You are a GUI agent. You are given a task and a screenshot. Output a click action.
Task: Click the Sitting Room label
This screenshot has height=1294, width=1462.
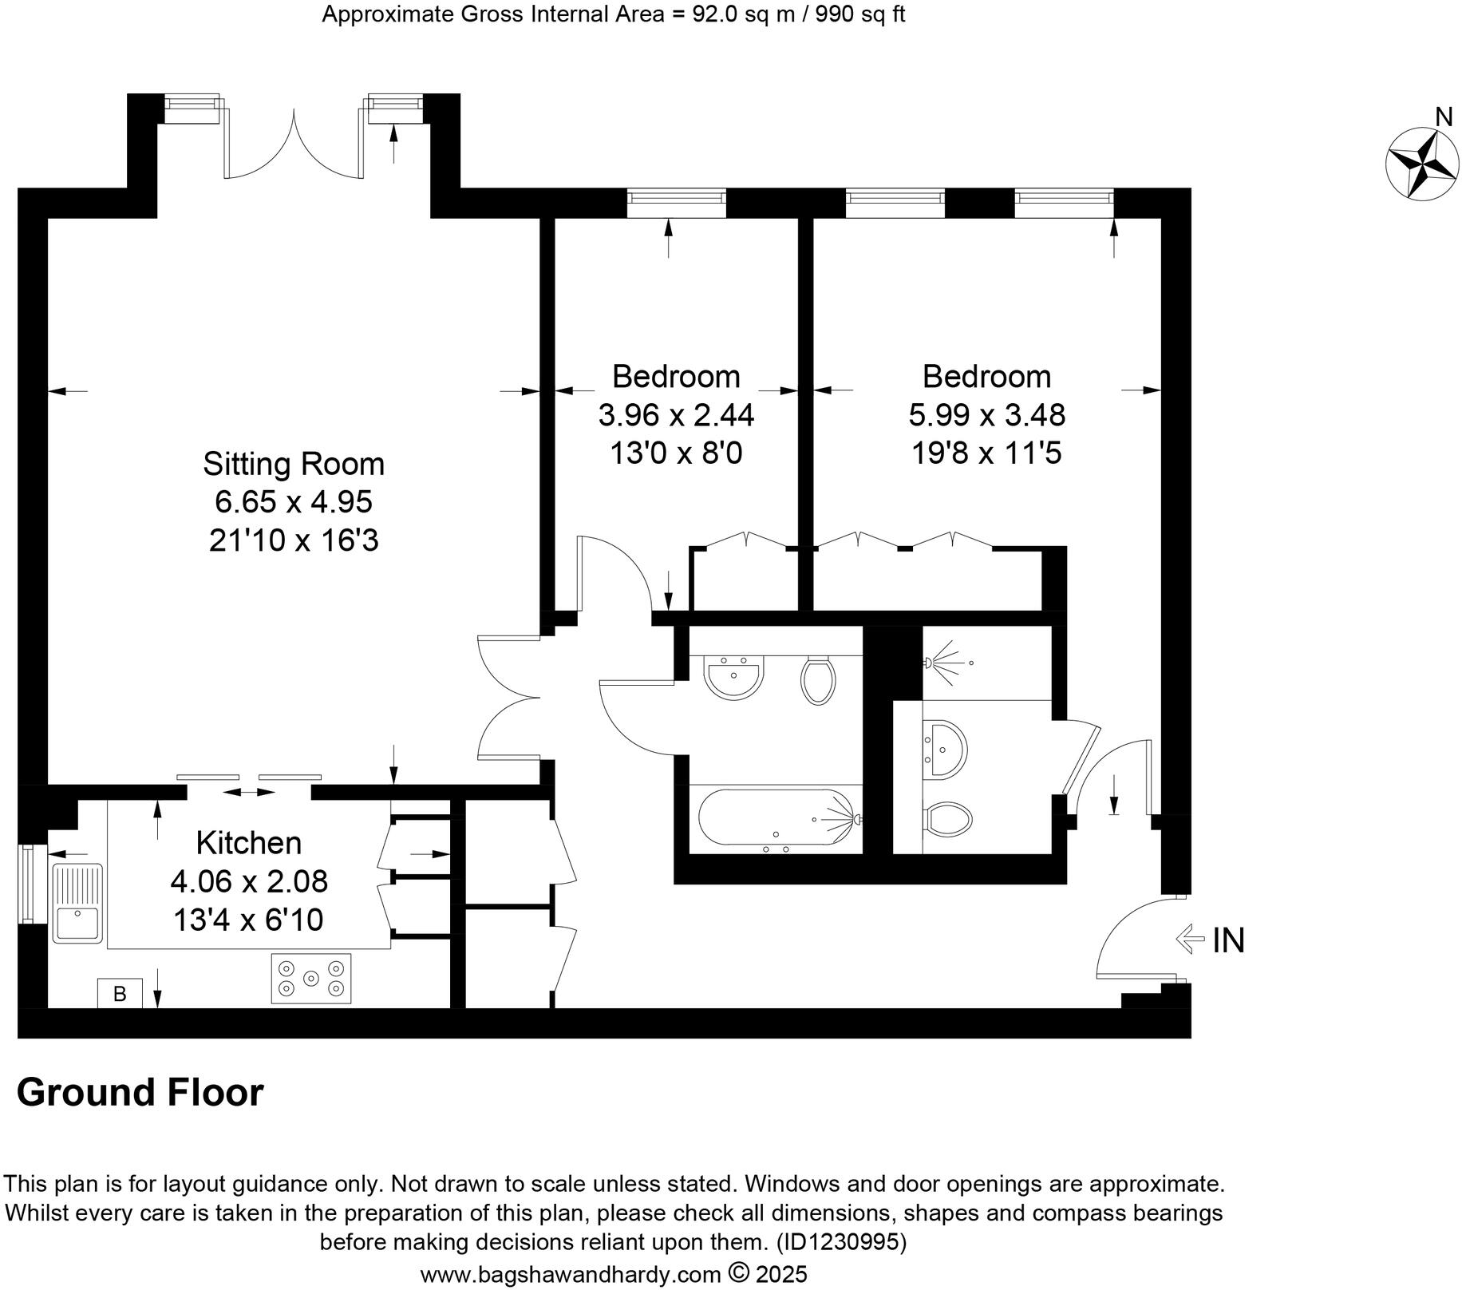293,464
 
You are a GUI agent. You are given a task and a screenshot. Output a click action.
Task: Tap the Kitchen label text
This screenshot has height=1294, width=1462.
249,843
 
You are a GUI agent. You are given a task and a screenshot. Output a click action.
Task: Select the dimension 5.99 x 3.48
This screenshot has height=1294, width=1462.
986,415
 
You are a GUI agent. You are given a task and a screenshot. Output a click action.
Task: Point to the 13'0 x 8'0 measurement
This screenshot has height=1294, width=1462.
676,454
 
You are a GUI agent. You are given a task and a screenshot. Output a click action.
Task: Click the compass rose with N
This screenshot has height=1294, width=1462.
1423,162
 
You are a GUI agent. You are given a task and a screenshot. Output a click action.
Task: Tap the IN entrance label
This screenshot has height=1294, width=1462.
1227,940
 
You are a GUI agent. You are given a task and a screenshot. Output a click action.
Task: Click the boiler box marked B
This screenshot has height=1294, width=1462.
120,994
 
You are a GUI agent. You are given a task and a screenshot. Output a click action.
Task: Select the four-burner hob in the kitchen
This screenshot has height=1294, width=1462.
311,979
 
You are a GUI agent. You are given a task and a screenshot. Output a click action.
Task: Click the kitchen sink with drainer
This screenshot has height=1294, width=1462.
77,903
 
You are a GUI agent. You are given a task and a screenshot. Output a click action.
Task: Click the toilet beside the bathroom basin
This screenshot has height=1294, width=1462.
817,680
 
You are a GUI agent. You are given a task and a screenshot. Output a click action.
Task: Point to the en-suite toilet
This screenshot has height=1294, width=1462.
949,819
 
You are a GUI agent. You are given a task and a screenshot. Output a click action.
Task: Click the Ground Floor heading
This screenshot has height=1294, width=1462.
140,1093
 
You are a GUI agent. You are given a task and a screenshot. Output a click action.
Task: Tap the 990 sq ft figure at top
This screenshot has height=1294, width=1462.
859,14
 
